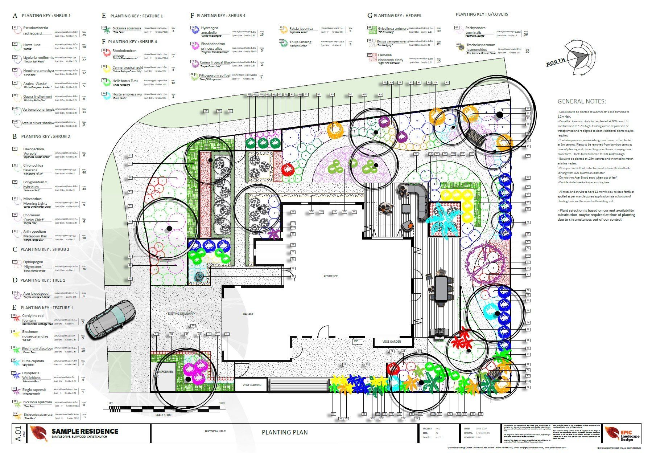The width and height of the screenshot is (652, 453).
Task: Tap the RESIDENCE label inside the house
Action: tap(330, 276)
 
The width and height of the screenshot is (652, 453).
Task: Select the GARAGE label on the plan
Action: tap(248, 314)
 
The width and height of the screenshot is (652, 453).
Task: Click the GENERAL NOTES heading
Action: tap(581, 102)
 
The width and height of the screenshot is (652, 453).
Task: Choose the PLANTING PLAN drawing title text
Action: tap(285, 432)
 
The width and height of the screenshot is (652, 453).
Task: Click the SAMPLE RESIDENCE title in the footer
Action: tap(85, 431)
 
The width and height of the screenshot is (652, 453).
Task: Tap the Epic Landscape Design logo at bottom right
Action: tap(622, 433)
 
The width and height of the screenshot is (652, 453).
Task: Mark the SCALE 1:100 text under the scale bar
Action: tap(163, 415)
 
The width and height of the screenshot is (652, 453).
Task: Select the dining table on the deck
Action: tap(442, 288)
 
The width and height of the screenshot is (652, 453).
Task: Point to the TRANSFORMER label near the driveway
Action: tap(162, 372)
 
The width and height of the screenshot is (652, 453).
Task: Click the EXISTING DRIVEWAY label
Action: tap(181, 313)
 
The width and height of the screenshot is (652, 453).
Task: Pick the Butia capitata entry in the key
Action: tap(33, 361)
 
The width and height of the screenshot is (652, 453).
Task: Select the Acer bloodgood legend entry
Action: tap(36, 294)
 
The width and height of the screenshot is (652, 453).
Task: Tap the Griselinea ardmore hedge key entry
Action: tap(393, 29)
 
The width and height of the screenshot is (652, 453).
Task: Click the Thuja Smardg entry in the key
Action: tap(300, 42)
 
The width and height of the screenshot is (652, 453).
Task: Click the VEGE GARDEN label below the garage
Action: tap(252, 385)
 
